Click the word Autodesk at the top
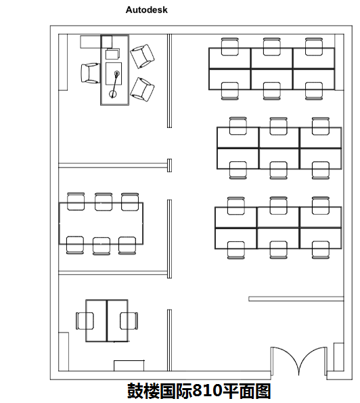pos(147,9)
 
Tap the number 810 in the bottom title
pos(207,391)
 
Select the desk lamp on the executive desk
pos(114,85)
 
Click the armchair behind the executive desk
pos(91,73)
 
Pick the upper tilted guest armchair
pos(142,56)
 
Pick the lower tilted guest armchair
pos(142,89)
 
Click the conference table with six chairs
pos(102,224)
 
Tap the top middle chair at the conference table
pos(104,202)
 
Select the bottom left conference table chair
pos(75,245)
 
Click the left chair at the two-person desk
pos(85,321)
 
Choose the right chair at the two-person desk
pos(129,321)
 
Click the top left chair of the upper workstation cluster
pos(230,47)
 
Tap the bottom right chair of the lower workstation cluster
pos(321,249)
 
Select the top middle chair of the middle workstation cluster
pos(278,126)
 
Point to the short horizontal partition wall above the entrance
pos(296,299)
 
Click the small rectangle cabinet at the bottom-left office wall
pos(129,366)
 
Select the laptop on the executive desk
pos(113,54)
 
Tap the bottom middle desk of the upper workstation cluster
pos(271,79)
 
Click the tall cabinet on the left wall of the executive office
pos(63,62)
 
